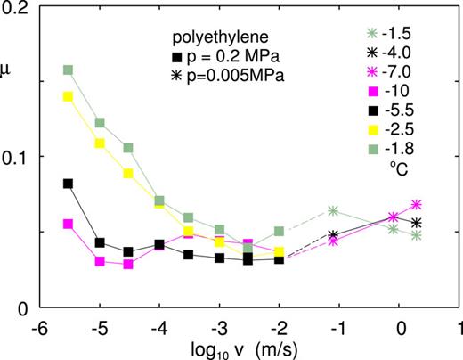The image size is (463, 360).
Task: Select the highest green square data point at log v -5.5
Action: (x=68, y=70)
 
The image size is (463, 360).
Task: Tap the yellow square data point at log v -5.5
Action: (x=68, y=96)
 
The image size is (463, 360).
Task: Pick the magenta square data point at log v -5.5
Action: (x=68, y=224)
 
